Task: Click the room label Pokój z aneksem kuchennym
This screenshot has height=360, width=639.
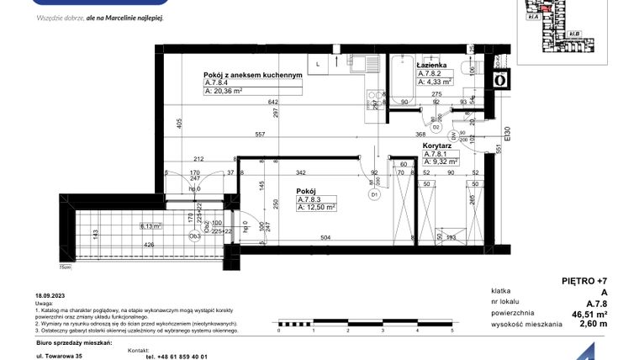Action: click(x=253, y=74)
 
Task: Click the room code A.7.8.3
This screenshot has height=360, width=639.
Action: click(x=313, y=199)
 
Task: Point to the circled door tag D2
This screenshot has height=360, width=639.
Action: click(x=436, y=127)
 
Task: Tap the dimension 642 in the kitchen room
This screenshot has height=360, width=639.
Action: click(x=250, y=103)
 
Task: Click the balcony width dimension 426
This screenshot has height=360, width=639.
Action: click(x=148, y=246)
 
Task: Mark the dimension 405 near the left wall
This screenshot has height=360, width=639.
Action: click(x=179, y=122)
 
